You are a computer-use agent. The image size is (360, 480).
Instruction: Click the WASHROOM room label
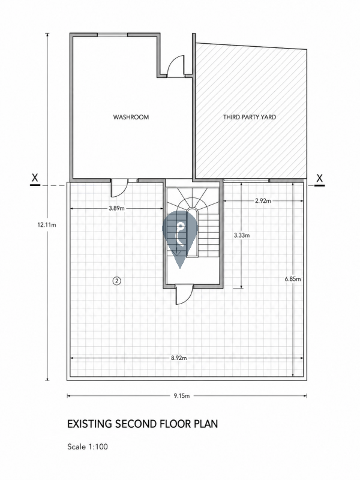tap(131, 117)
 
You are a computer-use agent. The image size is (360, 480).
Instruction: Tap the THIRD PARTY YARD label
tap(250, 117)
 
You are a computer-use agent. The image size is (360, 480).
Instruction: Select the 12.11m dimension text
tap(47, 224)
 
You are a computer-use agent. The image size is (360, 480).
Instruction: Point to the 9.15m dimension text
tap(182, 395)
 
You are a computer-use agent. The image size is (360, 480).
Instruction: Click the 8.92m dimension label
tap(179, 358)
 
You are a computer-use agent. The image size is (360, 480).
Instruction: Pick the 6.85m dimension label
tap(293, 279)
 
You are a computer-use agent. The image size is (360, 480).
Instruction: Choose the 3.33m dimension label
tap(242, 235)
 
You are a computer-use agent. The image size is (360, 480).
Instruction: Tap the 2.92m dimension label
tap(263, 201)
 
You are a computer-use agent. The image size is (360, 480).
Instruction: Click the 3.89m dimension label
tap(116, 208)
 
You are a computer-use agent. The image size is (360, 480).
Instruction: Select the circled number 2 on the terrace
tap(117, 280)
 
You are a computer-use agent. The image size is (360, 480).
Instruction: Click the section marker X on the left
tap(35, 179)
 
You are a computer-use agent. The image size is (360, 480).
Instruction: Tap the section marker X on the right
tap(320, 179)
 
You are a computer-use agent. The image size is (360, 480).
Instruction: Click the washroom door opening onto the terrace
tap(119, 188)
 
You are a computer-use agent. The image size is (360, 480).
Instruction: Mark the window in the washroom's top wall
tap(112, 35)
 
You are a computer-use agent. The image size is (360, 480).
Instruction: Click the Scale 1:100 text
tap(88, 446)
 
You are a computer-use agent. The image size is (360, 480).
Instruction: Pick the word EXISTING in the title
tap(89, 424)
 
